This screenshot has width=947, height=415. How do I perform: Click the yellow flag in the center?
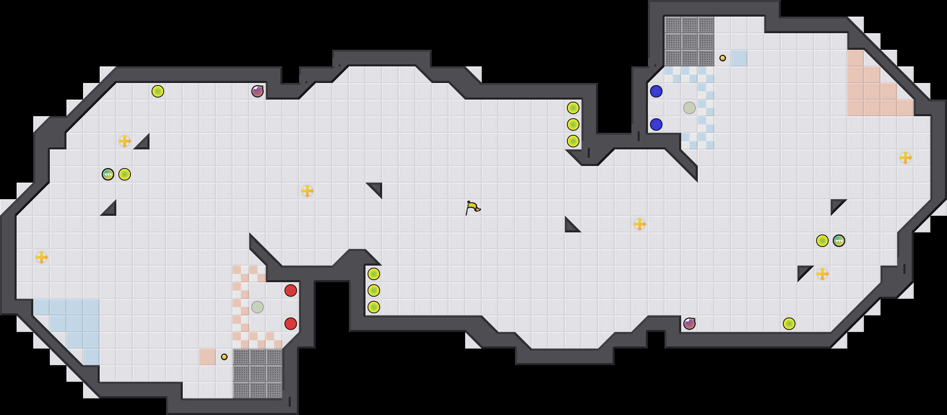click(x=472, y=207)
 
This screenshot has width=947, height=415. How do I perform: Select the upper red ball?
click(x=291, y=290)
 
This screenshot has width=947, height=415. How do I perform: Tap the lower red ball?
click(x=291, y=324)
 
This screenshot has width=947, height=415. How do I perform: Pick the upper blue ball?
click(x=656, y=91)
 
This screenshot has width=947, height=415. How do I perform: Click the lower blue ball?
click(x=656, y=124)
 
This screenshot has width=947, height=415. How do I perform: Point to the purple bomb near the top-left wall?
click(x=258, y=91)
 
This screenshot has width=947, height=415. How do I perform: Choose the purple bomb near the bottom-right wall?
click(x=689, y=324)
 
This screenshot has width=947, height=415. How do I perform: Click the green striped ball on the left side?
click(x=108, y=174)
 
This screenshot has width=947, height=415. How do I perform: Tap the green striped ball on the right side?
click(x=839, y=241)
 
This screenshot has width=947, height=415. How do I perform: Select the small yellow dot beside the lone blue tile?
click(x=723, y=58)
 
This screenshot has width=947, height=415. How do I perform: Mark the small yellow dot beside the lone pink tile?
click(x=224, y=357)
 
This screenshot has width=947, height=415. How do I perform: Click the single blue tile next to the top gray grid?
click(x=739, y=58)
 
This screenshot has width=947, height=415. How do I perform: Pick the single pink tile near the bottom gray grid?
click(x=208, y=357)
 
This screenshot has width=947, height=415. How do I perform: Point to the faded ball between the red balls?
click(x=258, y=307)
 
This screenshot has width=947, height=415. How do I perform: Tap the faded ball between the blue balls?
click(x=689, y=108)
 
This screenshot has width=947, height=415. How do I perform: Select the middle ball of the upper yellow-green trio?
click(x=573, y=124)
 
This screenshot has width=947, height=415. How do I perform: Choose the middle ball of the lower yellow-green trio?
click(x=374, y=290)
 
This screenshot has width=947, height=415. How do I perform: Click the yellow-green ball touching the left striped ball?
click(x=125, y=174)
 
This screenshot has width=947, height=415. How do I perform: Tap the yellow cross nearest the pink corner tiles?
click(x=905, y=158)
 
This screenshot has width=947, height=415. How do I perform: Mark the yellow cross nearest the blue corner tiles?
click(x=42, y=257)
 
